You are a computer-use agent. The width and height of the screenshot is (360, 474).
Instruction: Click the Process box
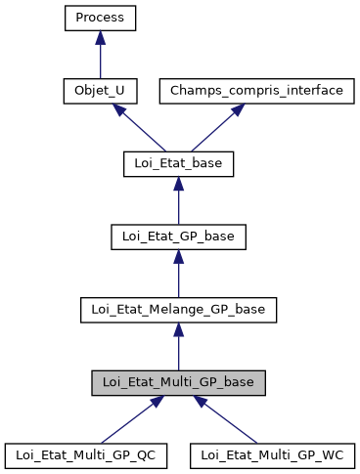[x=100, y=18]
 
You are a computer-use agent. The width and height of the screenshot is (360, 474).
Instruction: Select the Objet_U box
[x=100, y=91]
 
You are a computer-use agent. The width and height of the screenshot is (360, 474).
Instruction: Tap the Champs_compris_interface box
[x=256, y=91]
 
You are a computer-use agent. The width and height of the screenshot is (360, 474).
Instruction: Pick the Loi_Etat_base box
[x=177, y=163]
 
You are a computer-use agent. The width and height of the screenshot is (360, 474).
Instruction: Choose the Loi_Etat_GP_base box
[x=177, y=237]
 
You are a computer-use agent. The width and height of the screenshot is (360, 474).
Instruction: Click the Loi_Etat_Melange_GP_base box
[x=177, y=310]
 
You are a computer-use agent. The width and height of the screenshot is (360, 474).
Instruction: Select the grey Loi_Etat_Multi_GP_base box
[x=177, y=382]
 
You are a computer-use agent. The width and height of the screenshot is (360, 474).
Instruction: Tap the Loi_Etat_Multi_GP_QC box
[x=86, y=455]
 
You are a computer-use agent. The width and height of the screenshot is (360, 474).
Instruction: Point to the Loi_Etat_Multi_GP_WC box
[x=272, y=455]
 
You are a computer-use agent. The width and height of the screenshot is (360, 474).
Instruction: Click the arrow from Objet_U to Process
[x=100, y=57]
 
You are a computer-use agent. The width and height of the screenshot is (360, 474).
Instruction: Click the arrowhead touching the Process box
[x=100, y=37]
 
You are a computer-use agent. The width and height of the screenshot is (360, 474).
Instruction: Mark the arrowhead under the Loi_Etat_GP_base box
[x=177, y=256]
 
